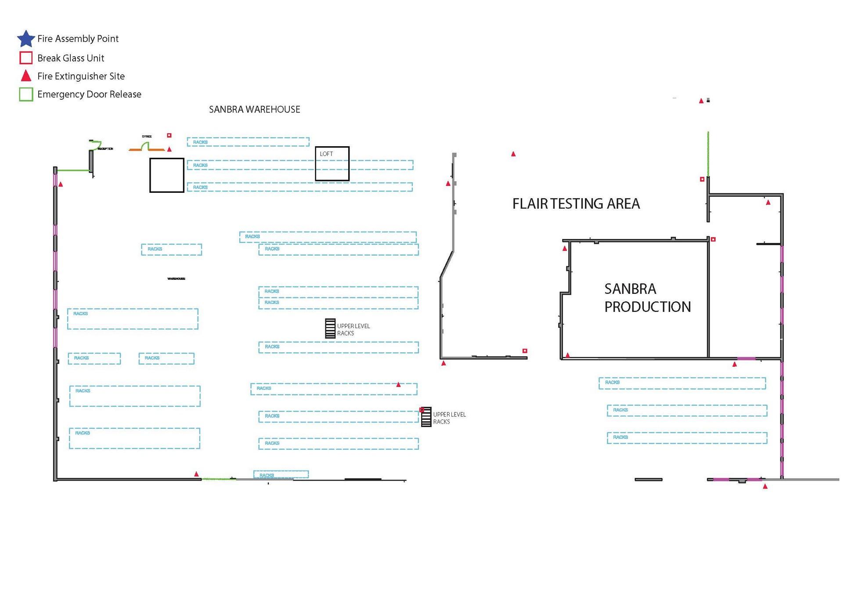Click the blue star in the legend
(26, 39)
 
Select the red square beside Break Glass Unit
(26, 58)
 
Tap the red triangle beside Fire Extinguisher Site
(26, 76)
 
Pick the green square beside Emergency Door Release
(26, 94)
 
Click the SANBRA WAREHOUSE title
(254, 109)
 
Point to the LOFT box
(332, 163)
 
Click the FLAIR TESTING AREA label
(576, 204)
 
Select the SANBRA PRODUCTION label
(647, 298)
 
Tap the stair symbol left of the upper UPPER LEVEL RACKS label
(330, 329)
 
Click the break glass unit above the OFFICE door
(169, 135)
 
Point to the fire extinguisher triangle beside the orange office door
(170, 149)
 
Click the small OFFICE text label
(147, 137)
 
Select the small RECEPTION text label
(105, 149)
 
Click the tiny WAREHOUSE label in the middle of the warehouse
(176, 279)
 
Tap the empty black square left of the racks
(166, 175)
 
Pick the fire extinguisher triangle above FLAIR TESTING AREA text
(513, 154)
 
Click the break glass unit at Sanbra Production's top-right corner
(713, 239)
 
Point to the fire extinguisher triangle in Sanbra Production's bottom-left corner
(568, 355)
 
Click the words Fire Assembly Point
(78, 39)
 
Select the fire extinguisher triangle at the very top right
(701, 101)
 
